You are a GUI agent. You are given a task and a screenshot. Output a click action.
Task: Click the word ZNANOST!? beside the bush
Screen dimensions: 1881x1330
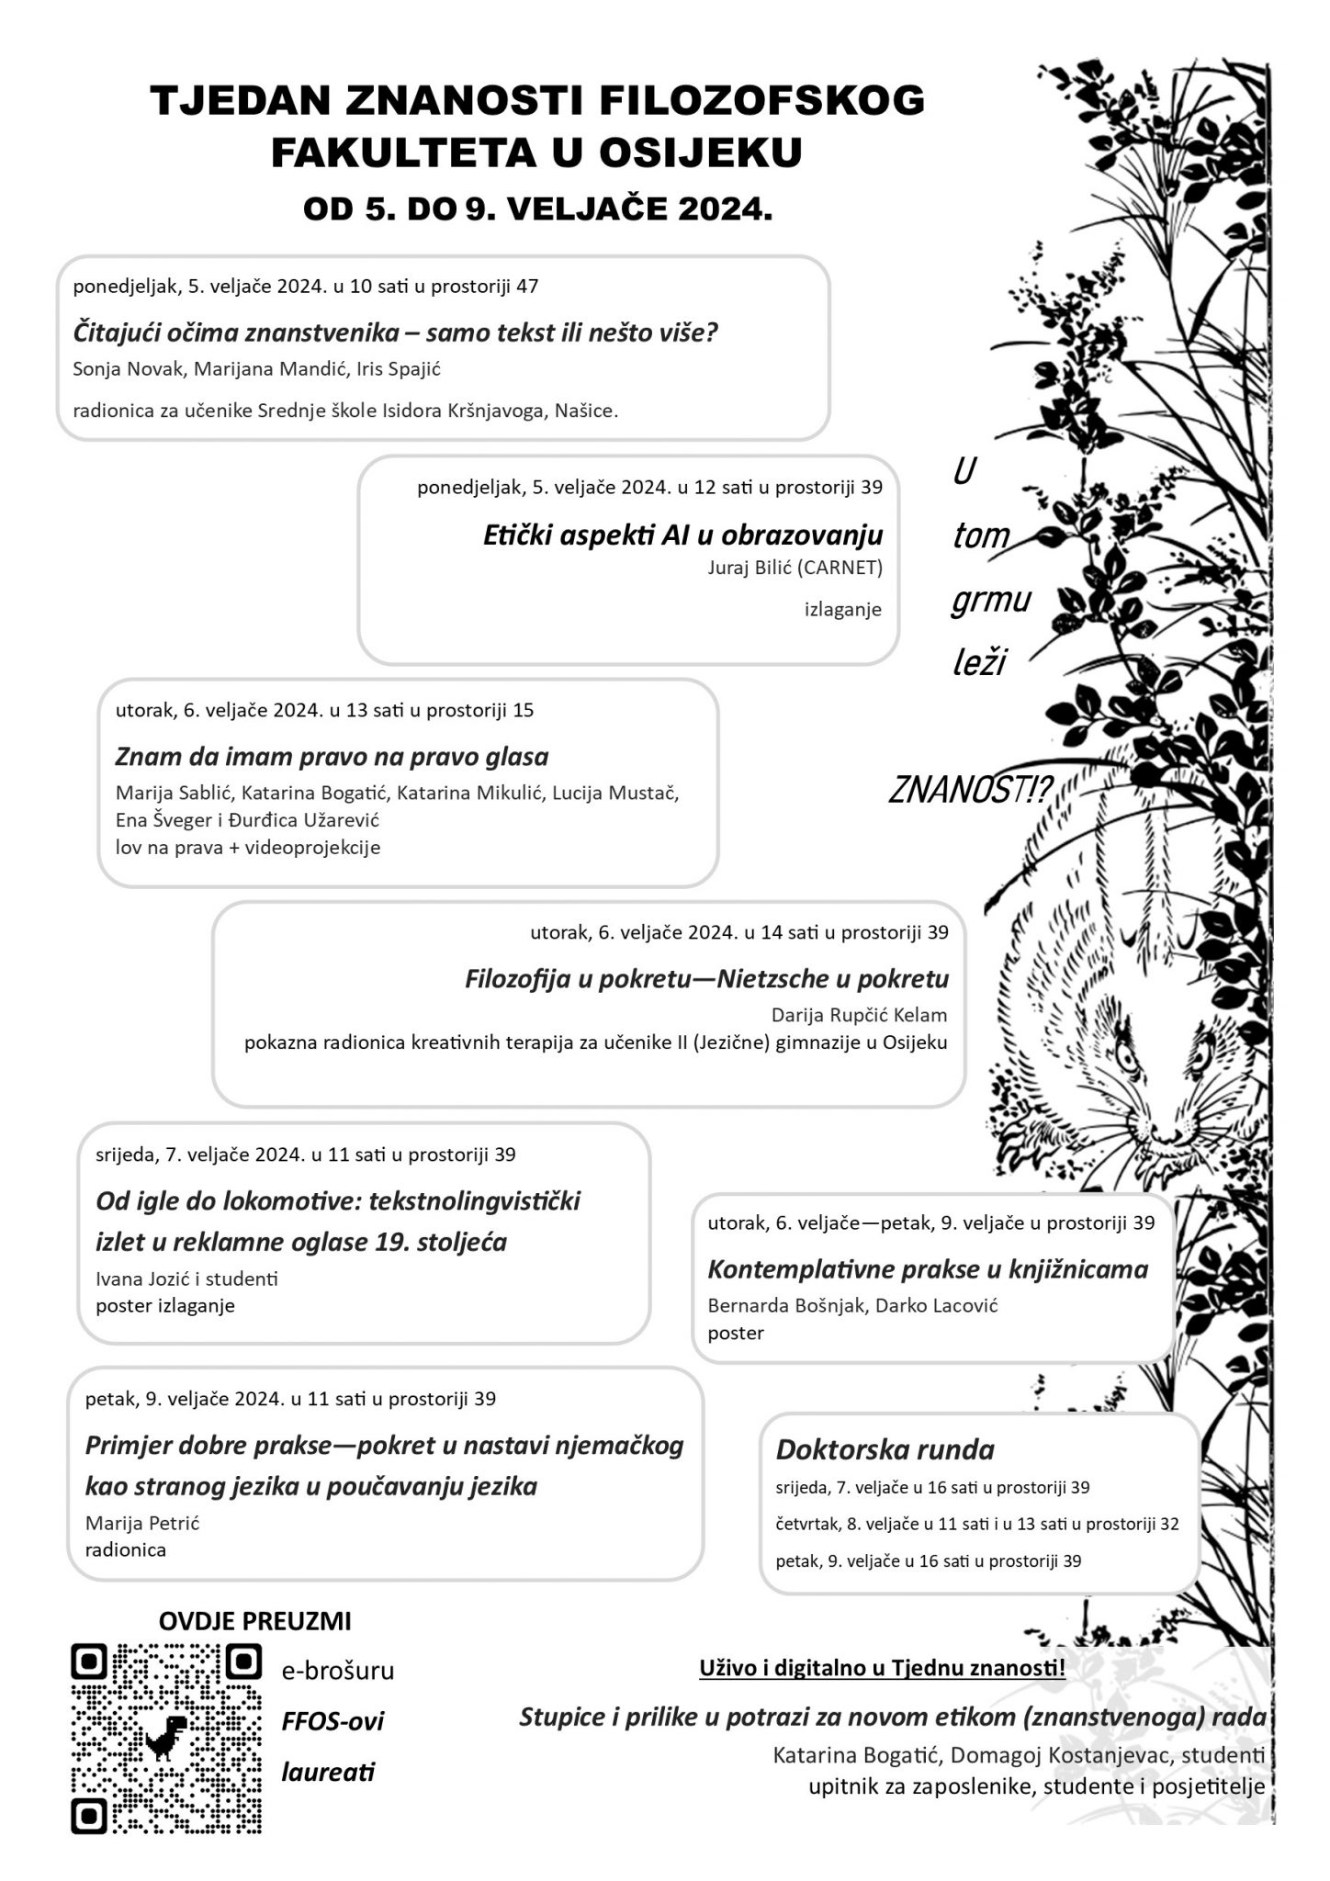tap(970, 791)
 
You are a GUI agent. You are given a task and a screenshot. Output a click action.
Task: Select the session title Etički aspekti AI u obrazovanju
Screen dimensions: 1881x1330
tap(682, 535)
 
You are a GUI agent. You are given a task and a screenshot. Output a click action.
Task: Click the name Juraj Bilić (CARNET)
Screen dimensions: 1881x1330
tap(795, 568)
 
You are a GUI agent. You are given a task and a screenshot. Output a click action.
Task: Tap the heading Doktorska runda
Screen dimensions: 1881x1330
tap(885, 1449)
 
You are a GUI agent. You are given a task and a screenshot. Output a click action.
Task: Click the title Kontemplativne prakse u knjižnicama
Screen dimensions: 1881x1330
tap(928, 1269)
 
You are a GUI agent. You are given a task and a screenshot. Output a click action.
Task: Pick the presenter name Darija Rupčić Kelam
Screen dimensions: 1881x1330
tap(859, 1015)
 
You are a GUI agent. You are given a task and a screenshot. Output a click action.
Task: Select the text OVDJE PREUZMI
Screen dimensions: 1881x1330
tap(254, 1620)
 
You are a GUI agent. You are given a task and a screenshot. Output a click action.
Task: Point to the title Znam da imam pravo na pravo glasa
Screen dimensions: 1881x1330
tap(332, 757)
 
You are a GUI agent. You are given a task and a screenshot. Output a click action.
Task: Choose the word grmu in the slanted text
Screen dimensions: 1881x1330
tap(991, 600)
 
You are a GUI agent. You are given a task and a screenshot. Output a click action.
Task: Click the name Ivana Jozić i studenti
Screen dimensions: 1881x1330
tap(186, 1278)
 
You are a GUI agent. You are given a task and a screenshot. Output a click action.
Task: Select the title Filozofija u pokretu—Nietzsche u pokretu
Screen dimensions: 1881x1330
tap(706, 979)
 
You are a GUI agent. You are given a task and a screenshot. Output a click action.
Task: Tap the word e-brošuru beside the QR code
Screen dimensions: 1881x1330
tap(338, 1671)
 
